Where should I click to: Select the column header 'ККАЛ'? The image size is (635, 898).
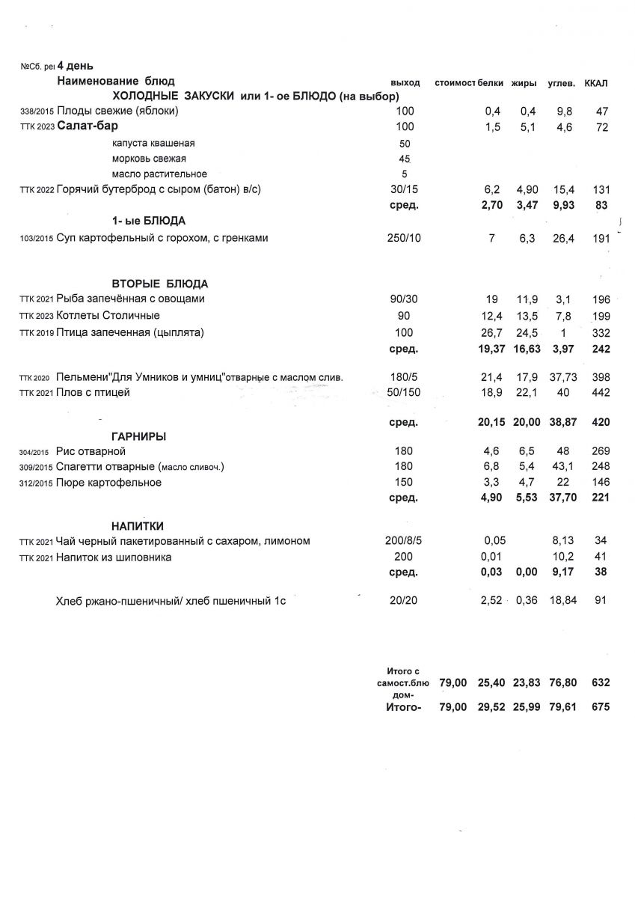pos(596,82)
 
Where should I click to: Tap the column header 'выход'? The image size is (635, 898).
pos(405,82)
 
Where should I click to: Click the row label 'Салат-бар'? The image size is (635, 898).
pos(87,126)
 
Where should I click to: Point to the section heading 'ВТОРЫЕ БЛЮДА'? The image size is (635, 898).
pos(160,284)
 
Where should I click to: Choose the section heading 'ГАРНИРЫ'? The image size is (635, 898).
pos(138,436)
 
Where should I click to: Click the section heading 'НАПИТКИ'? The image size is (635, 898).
pos(138,526)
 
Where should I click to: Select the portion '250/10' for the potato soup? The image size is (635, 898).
pos(405,238)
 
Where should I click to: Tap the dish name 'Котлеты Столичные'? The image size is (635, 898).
pos(108,316)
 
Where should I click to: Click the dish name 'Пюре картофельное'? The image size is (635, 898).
pos(108,483)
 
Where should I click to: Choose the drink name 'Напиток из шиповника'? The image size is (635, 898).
pos(114,557)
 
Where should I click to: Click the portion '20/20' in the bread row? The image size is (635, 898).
pos(405,600)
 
